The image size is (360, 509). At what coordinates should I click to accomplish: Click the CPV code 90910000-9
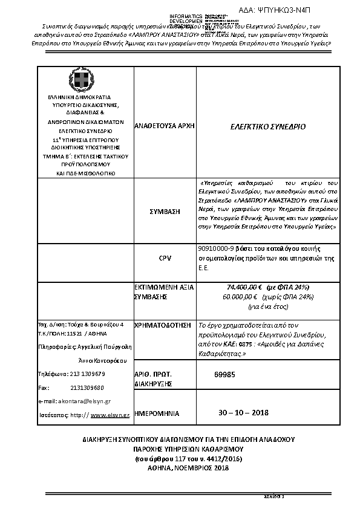pos(216,248)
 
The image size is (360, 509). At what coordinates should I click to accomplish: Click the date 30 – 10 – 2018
pos(243,412)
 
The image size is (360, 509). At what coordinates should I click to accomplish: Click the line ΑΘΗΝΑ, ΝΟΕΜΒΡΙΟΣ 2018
pos(180,468)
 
